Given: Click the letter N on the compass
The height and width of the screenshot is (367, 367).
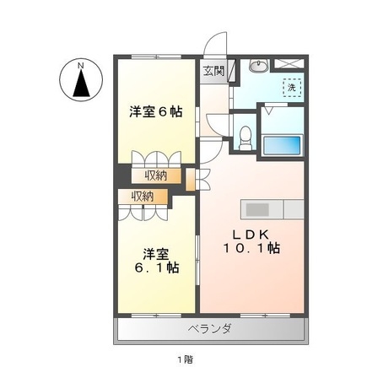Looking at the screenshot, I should point(80,64).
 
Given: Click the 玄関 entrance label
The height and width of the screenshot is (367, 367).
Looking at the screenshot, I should point(213,71).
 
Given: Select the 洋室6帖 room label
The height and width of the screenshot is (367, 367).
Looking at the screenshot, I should point(155,111).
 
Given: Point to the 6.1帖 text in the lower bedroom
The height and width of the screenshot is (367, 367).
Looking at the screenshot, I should point(155,267).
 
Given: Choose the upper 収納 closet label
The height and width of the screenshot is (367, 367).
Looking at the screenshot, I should point(154,175).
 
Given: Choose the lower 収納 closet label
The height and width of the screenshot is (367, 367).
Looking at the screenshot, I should point(142,197).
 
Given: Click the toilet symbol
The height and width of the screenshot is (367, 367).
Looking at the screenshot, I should point(244,134).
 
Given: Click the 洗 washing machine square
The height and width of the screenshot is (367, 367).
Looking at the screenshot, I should point(291,86).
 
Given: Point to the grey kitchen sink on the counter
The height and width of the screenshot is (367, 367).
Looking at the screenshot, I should point(256,208).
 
